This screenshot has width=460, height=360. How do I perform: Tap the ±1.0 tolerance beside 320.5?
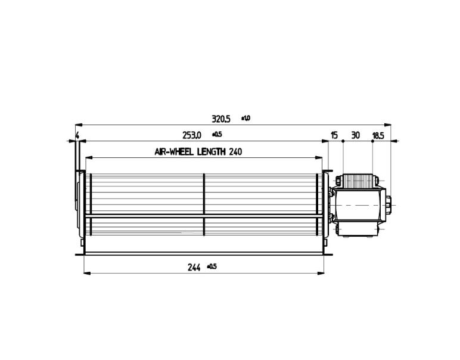click(245, 118)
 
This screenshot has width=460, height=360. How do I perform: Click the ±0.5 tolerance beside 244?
click(211, 266)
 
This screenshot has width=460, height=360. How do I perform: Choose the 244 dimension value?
click(194, 268)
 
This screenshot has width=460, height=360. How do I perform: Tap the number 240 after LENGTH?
click(235, 152)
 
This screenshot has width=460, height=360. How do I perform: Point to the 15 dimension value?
click(334, 135)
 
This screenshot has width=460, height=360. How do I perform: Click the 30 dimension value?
click(355, 135)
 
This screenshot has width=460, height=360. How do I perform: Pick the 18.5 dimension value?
click(378, 136)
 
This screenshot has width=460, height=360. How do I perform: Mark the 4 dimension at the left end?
click(77, 135)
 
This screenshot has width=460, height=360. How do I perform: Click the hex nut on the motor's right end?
click(388, 206)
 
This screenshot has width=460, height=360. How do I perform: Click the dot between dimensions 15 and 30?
click(343, 141)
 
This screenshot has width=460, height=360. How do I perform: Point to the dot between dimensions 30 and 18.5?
click(372, 141)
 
